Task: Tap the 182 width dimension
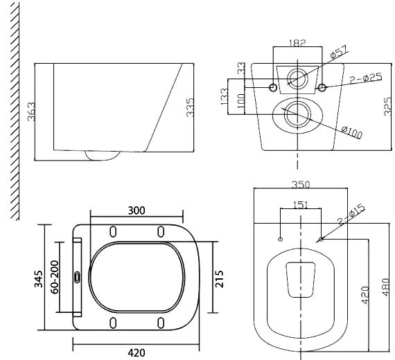click(297, 42)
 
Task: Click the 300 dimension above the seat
click(136, 210)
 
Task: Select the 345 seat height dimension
click(39, 278)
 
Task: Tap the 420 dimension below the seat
click(136, 352)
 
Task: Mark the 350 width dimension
click(301, 186)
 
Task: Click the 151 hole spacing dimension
click(301, 204)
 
